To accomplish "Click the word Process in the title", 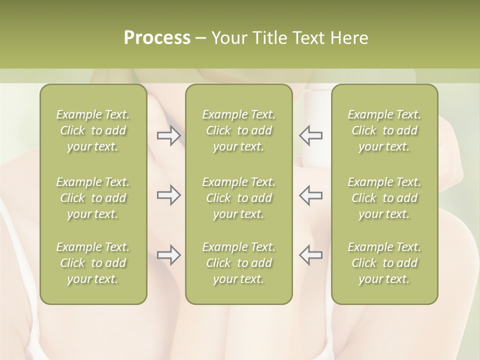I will tap(157, 38).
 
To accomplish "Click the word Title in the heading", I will tap(268, 38).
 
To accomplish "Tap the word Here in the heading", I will tap(349, 38).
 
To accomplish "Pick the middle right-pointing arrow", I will tap(169, 195).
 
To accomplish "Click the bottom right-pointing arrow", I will tap(169, 255).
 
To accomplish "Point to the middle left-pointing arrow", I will tap(310, 195).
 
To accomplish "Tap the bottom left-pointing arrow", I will tap(310, 255).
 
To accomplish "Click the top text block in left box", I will tap(93, 130).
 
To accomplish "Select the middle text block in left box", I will tap(93, 198).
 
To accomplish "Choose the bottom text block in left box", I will tap(93, 263).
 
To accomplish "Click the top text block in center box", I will tap(238, 130).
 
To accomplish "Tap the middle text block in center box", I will tap(238, 198).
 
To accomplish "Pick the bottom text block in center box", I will tap(238, 263).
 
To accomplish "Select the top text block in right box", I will tap(384, 130).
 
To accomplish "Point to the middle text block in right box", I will tap(384, 198).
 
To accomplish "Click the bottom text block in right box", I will tap(384, 263).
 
